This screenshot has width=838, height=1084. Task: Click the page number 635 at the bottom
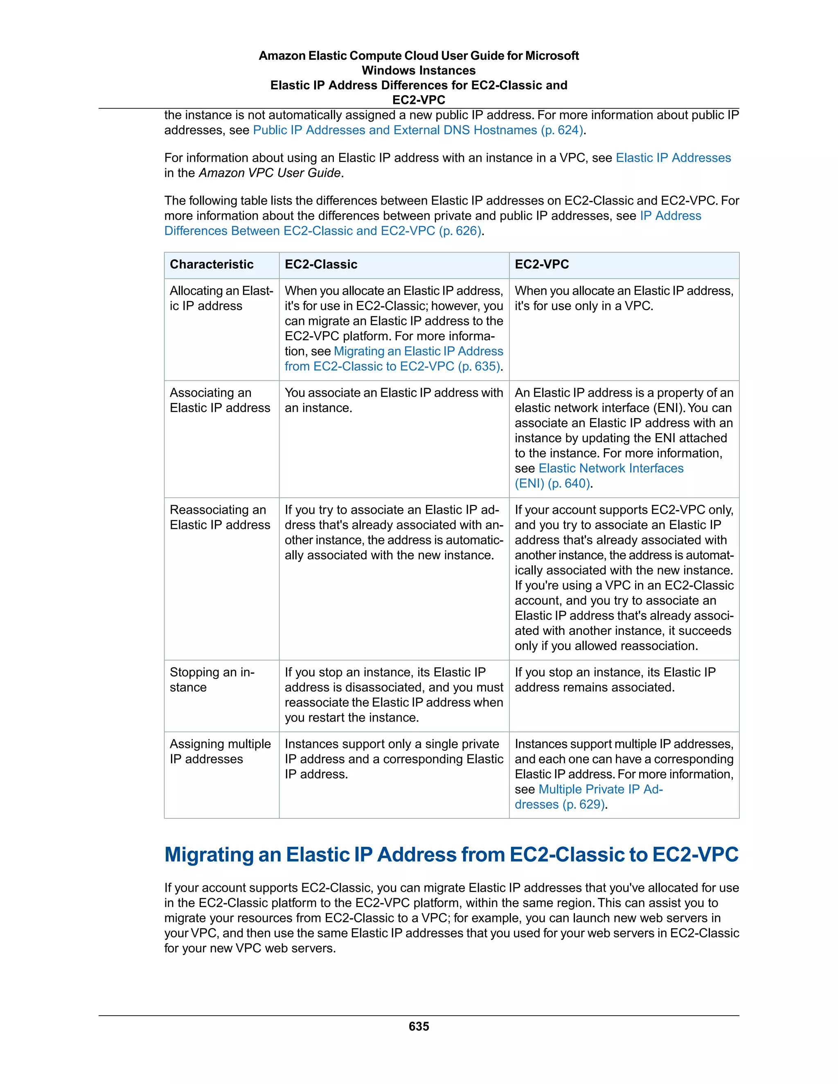419,1026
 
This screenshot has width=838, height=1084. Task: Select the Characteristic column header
212,265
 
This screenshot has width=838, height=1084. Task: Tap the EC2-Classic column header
321,265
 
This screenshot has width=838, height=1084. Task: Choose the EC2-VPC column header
542,265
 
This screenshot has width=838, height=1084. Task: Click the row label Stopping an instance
212,679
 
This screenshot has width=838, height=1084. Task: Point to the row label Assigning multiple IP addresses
220,751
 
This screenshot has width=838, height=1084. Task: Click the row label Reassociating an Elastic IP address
219,517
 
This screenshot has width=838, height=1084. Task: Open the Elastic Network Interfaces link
610,468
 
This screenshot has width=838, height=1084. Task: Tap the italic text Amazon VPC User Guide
270,173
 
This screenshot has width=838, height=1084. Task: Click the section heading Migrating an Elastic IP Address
451,855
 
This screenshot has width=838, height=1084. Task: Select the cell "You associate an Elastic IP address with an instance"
393,400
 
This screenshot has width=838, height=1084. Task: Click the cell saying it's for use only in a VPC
623,298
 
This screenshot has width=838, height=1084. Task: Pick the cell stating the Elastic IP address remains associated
615,679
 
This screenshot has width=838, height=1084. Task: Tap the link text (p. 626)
460,231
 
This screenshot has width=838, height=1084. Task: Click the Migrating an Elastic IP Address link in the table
418,351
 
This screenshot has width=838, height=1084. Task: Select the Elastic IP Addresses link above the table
673,158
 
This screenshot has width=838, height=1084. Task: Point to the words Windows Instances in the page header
418,70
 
